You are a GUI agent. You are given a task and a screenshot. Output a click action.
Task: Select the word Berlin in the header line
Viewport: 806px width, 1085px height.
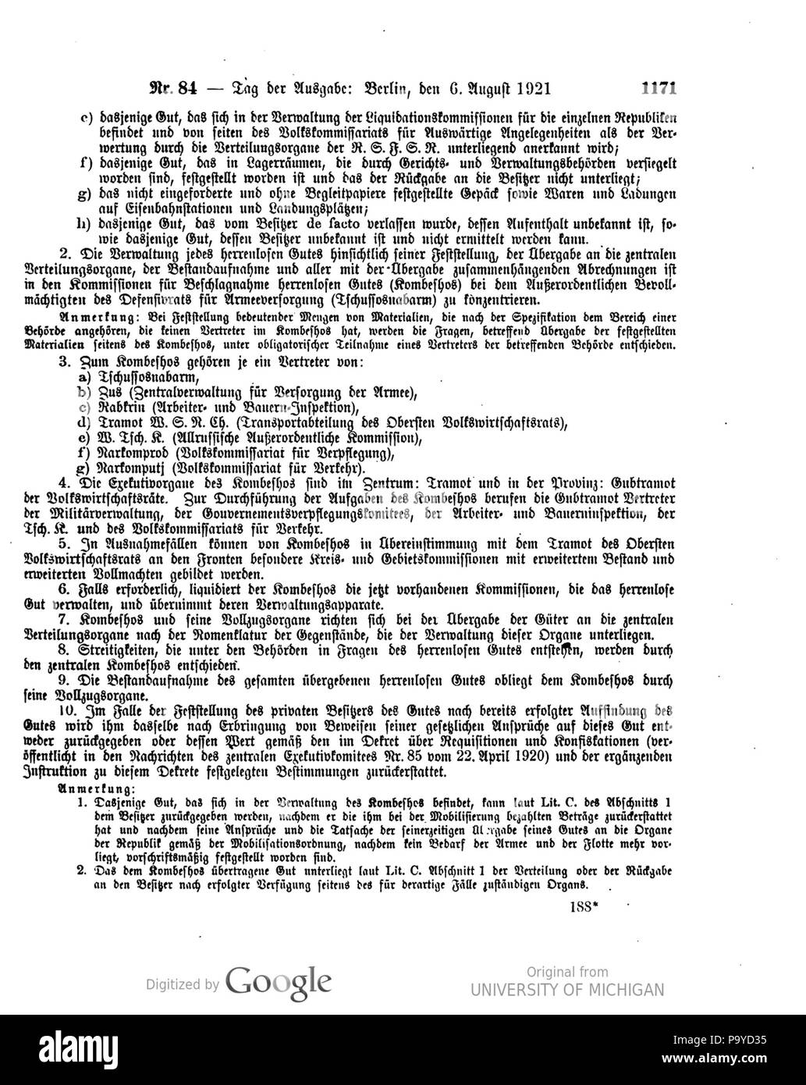pyautogui.click(x=397, y=87)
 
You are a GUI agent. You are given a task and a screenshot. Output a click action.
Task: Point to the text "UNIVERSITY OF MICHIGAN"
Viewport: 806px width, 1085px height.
pyautogui.click(x=567, y=991)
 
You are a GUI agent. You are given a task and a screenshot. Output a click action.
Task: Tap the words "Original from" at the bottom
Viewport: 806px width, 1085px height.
pyautogui.click(x=566, y=972)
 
